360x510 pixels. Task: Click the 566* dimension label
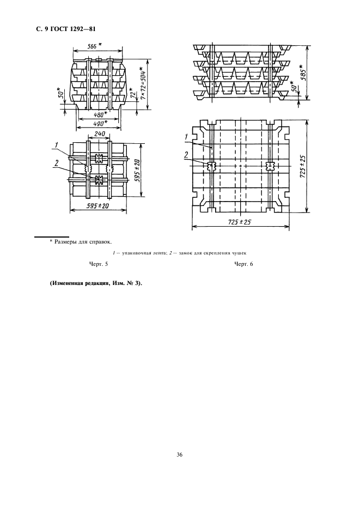pos(94,46)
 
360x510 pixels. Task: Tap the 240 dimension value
pos(99,134)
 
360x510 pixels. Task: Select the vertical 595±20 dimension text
pos(137,171)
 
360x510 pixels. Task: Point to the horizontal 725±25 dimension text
pos(240,222)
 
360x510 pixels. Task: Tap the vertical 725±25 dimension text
pos(302,167)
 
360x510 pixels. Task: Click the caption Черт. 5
pos(99,264)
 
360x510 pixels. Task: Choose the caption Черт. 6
pos(243,264)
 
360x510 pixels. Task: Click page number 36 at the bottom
pos(180,455)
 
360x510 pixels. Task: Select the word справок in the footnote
pos(101,242)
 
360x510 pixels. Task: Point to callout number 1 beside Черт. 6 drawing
pos(186,137)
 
